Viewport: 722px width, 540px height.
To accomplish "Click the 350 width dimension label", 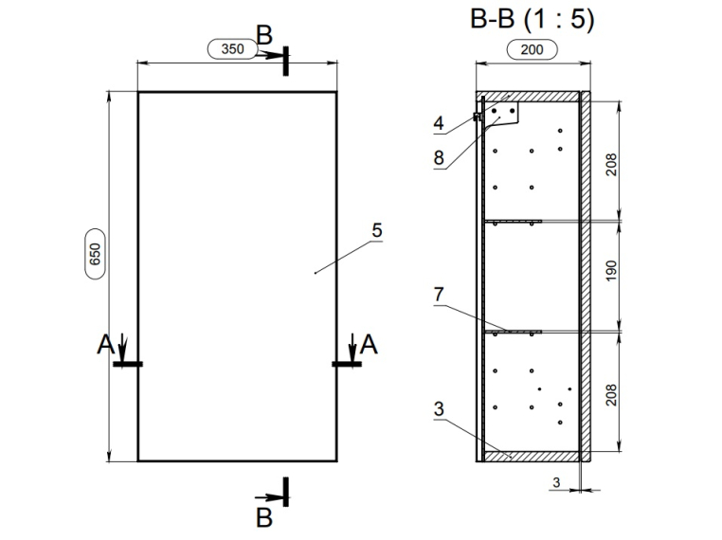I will click(232, 48).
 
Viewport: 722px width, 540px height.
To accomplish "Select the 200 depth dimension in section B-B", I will click(532, 49).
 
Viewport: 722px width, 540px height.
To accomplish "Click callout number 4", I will click(439, 122).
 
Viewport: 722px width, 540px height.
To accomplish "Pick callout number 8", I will click(439, 158).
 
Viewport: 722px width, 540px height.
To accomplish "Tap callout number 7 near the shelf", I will click(439, 296).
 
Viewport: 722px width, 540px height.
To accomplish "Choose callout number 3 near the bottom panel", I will click(439, 409).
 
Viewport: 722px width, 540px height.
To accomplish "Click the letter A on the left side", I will click(106, 346).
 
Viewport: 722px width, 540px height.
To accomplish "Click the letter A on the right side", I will click(369, 346).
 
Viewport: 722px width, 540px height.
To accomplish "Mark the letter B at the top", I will click(264, 36).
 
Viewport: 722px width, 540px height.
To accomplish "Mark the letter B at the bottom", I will click(264, 517).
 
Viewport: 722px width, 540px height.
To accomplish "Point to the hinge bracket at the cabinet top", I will click(503, 115).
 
